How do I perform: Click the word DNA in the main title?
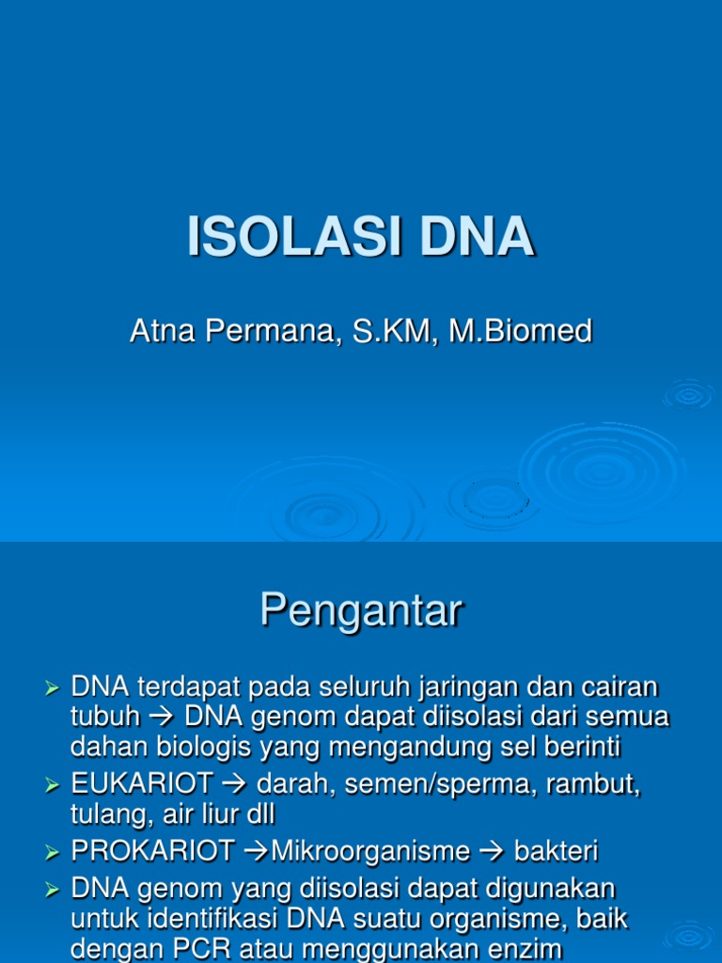pyautogui.click(x=478, y=237)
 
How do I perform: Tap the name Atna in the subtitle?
pyautogui.click(x=158, y=331)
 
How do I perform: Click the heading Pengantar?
pyautogui.click(x=361, y=611)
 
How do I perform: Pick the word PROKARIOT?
pyautogui.click(x=153, y=852)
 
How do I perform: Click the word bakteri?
pyautogui.click(x=556, y=852)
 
